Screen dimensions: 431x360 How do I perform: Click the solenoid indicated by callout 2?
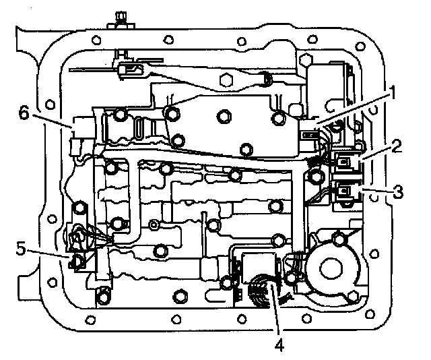coord(347,162)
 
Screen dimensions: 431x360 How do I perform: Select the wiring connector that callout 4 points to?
coord(259,287)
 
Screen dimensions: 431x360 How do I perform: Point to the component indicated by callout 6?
coord(79,131)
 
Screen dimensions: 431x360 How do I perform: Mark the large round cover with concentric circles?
coord(332,266)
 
